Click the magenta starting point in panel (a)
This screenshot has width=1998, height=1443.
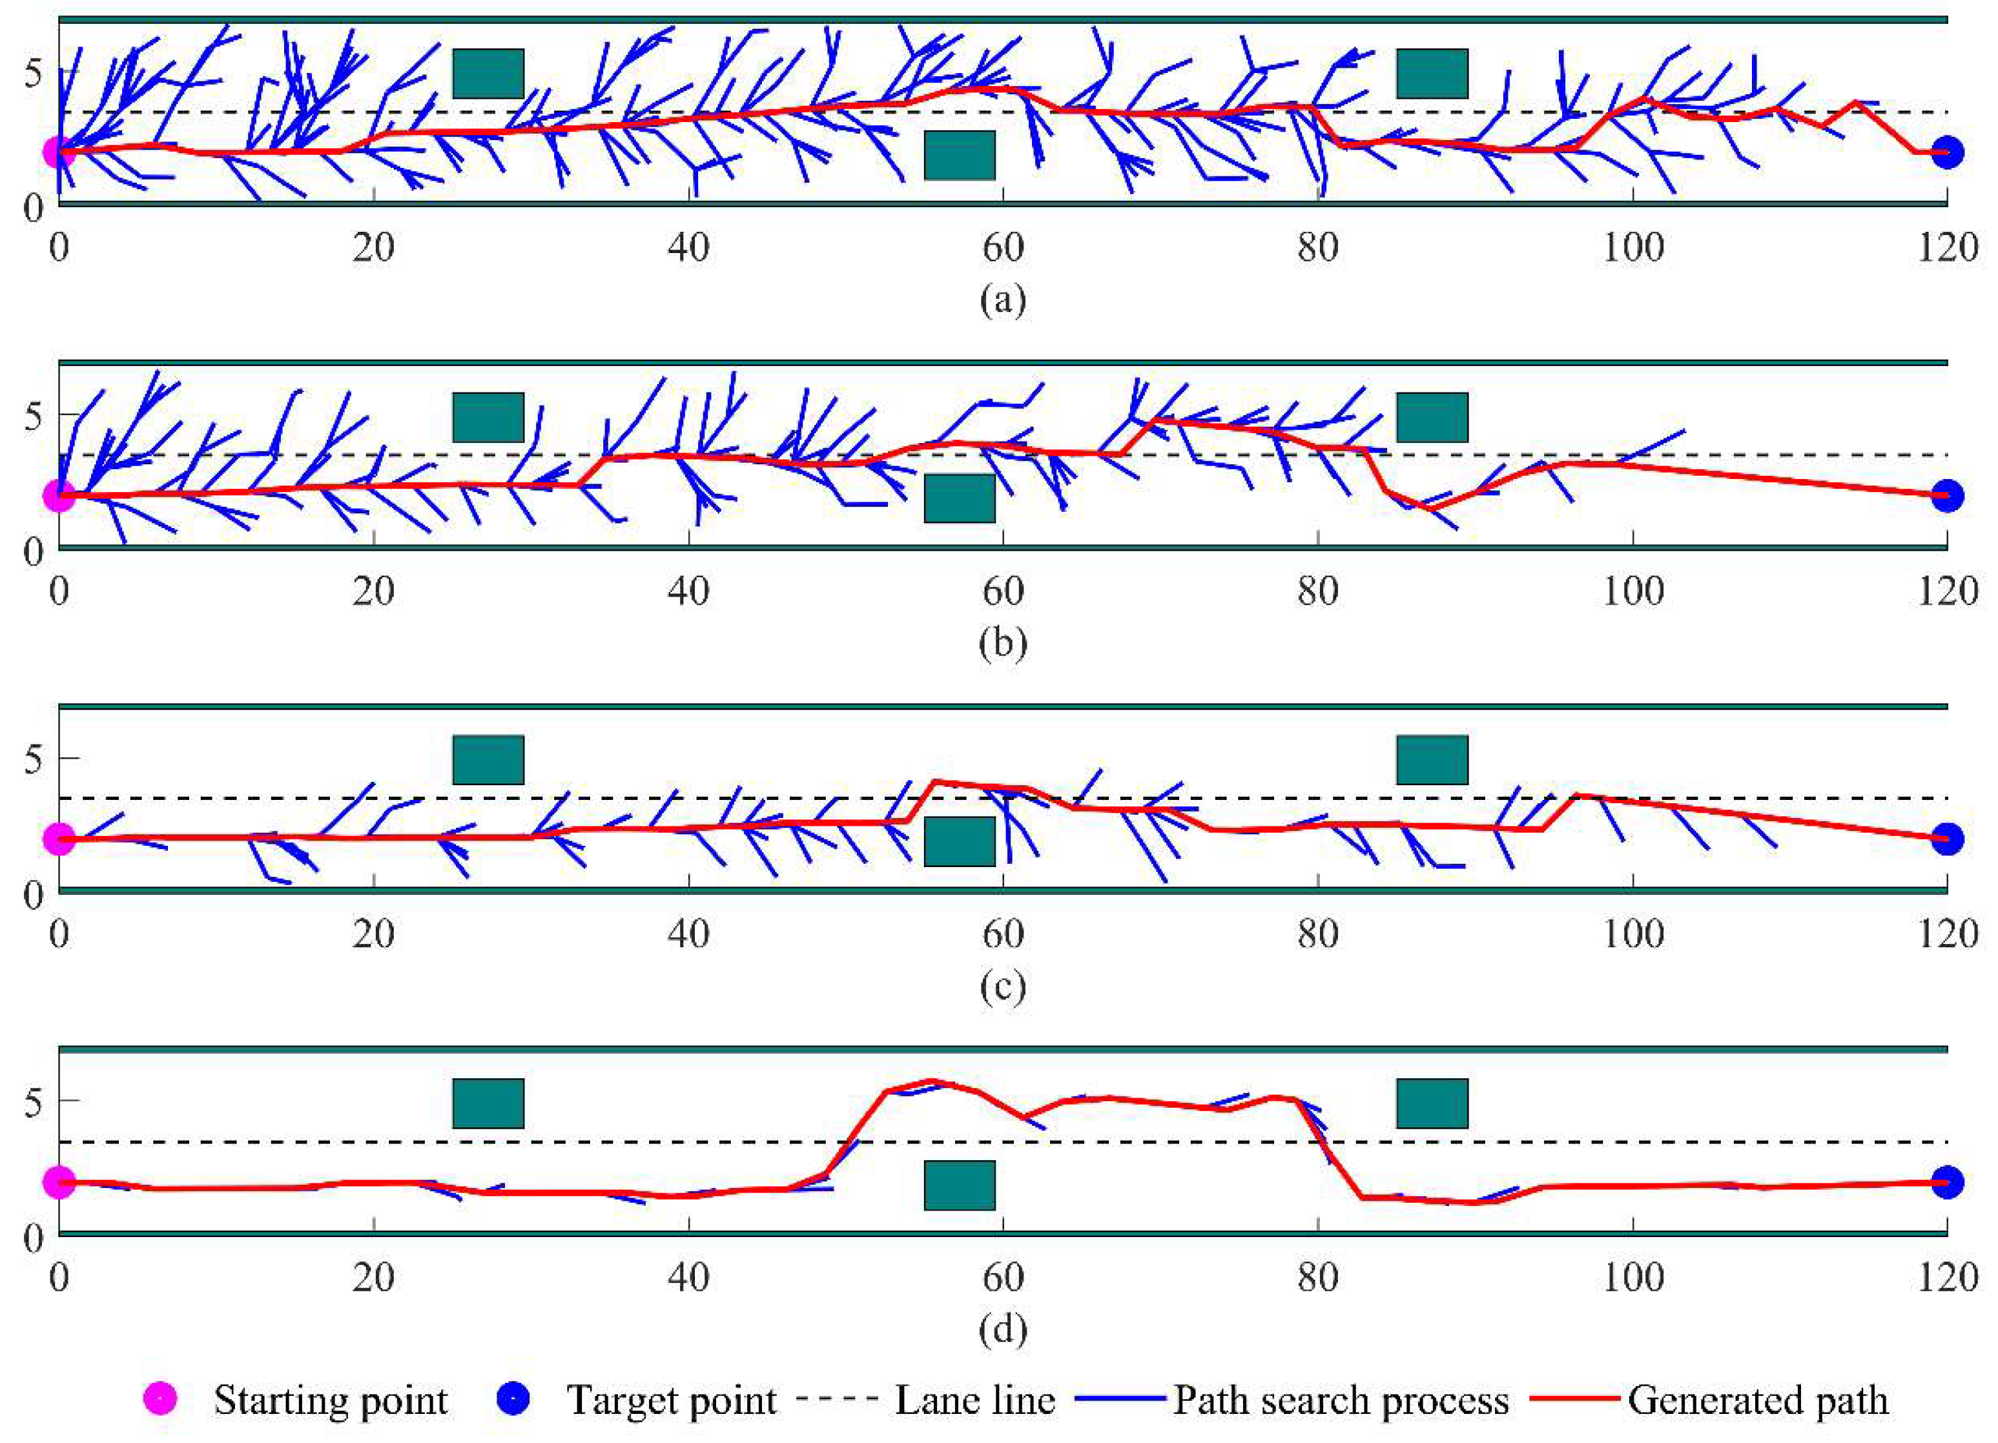click(x=58, y=152)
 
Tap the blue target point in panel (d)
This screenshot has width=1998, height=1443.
click(x=1947, y=1182)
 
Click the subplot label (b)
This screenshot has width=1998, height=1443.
click(x=1002, y=644)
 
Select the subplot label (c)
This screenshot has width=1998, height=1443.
click(x=1002, y=988)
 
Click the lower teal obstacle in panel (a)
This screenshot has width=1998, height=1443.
click(x=960, y=155)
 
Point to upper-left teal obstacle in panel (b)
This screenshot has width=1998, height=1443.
click(x=488, y=416)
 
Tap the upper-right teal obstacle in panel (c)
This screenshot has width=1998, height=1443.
click(x=1432, y=759)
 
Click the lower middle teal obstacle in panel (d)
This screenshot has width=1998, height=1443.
click(x=960, y=1185)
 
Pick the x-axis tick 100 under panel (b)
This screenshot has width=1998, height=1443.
click(x=1632, y=591)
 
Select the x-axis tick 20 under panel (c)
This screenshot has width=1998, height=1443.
click(x=373, y=934)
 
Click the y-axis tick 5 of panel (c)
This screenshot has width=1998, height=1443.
click(x=32, y=759)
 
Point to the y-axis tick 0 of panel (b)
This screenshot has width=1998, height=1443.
click(x=32, y=553)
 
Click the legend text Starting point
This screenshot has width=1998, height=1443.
click(x=331, y=1400)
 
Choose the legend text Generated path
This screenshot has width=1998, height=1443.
click(x=1758, y=1400)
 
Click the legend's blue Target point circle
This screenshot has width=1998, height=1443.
click(x=515, y=1399)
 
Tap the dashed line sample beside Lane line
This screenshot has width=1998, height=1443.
click(x=836, y=1399)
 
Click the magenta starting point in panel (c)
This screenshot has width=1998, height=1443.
click(x=58, y=839)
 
